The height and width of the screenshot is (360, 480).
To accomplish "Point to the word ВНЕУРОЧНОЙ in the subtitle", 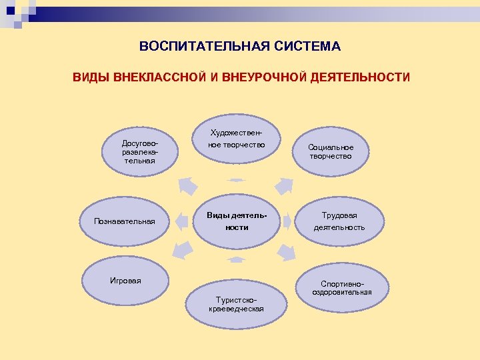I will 264,78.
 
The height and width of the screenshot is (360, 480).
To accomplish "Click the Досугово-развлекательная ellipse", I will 139,152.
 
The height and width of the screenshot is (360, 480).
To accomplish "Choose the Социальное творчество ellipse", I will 331,151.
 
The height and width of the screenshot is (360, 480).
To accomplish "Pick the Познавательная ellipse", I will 125,221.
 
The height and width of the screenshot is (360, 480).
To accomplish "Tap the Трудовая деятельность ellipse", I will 339,221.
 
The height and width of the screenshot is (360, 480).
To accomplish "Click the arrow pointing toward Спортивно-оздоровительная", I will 287,252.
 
